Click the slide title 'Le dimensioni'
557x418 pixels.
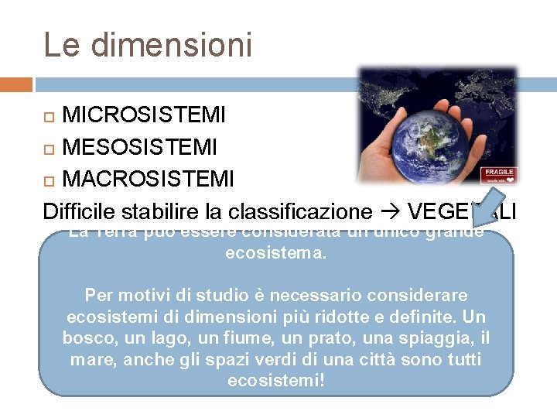click(148, 44)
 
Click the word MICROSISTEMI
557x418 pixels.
click(144, 116)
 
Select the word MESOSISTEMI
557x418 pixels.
click(139, 146)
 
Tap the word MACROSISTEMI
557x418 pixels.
click(148, 179)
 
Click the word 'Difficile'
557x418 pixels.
click(79, 211)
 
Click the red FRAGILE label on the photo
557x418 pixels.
click(499, 173)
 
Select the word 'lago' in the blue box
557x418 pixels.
click(173, 338)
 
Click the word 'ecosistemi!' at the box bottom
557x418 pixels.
click(276, 381)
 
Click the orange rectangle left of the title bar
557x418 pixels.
click(16, 84)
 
